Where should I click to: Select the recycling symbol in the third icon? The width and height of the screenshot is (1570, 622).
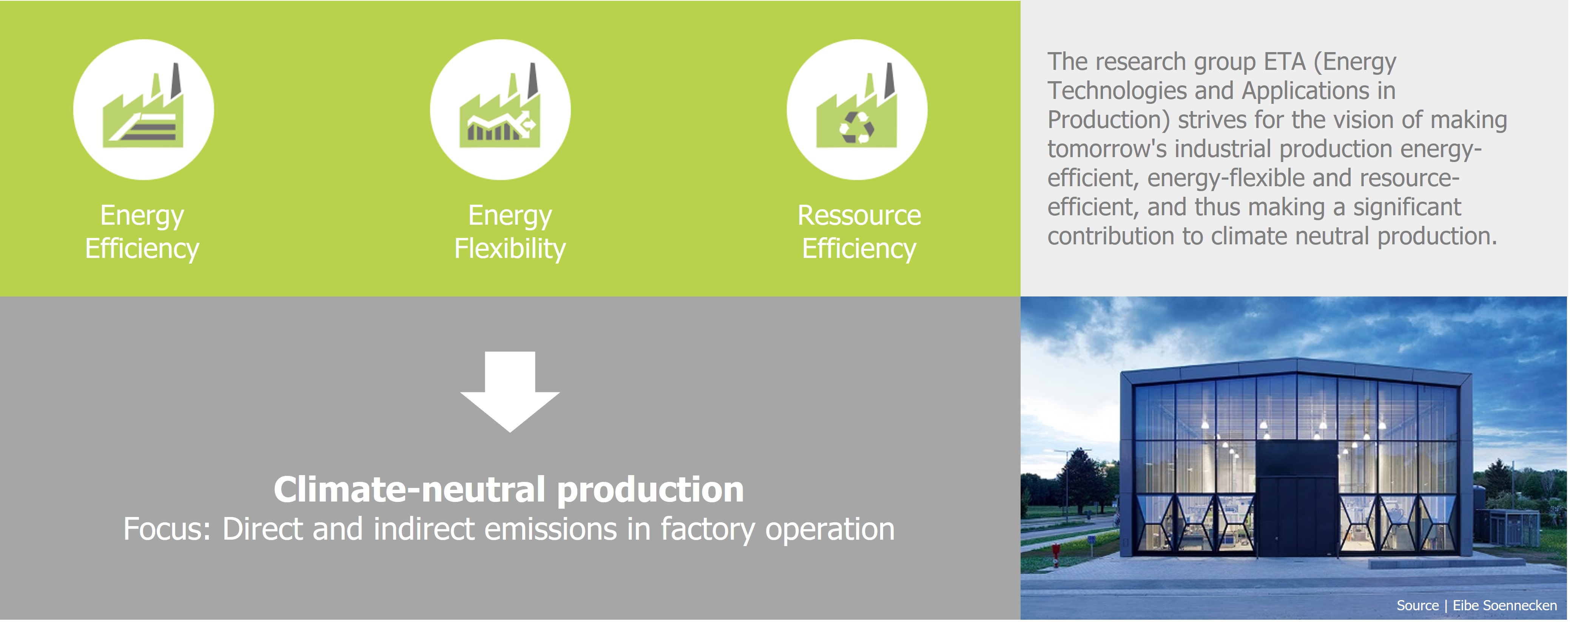(x=857, y=127)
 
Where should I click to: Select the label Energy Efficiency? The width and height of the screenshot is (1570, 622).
(x=142, y=232)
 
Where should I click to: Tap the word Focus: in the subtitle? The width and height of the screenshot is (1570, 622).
(x=167, y=529)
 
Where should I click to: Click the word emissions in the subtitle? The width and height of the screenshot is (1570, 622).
(x=551, y=529)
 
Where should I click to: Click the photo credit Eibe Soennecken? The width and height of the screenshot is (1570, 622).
(x=1505, y=605)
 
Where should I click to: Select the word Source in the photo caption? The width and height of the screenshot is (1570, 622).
(x=1417, y=605)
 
